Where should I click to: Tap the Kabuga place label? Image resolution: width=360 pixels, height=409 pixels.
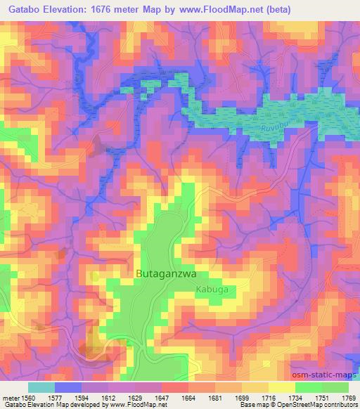pyautogui.click(x=212, y=289)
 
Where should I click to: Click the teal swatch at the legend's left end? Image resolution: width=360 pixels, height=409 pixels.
pyautogui.click(x=41, y=387)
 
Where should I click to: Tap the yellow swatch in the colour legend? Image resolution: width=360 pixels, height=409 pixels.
pyautogui.click(x=281, y=387)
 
